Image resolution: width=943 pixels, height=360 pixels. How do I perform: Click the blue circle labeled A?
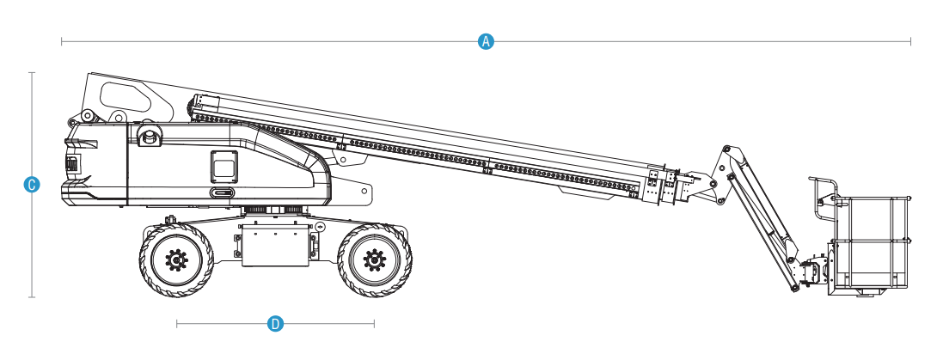point(486,41)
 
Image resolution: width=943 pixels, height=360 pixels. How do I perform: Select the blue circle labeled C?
point(32,185)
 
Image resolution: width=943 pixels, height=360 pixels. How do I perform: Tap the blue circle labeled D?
point(275,324)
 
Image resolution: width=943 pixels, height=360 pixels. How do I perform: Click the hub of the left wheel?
point(176,260)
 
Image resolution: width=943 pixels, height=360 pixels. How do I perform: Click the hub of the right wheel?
point(375,260)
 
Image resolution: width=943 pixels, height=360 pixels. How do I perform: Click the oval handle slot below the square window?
point(224,192)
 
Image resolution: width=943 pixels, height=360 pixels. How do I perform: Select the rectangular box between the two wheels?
point(275,244)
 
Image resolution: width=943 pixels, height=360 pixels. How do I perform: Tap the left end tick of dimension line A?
point(61,41)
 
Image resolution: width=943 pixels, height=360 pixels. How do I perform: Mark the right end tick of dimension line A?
point(910,41)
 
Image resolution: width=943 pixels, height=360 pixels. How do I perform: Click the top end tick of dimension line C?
point(32,73)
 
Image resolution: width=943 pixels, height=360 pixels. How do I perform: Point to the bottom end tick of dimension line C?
point(32,297)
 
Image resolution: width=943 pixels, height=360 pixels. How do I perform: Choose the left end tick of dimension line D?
point(177,324)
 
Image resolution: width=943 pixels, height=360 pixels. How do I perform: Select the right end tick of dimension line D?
point(374,324)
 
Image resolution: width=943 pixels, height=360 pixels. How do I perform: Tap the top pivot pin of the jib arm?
point(726,149)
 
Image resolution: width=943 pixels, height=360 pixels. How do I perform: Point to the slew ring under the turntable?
point(275,210)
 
